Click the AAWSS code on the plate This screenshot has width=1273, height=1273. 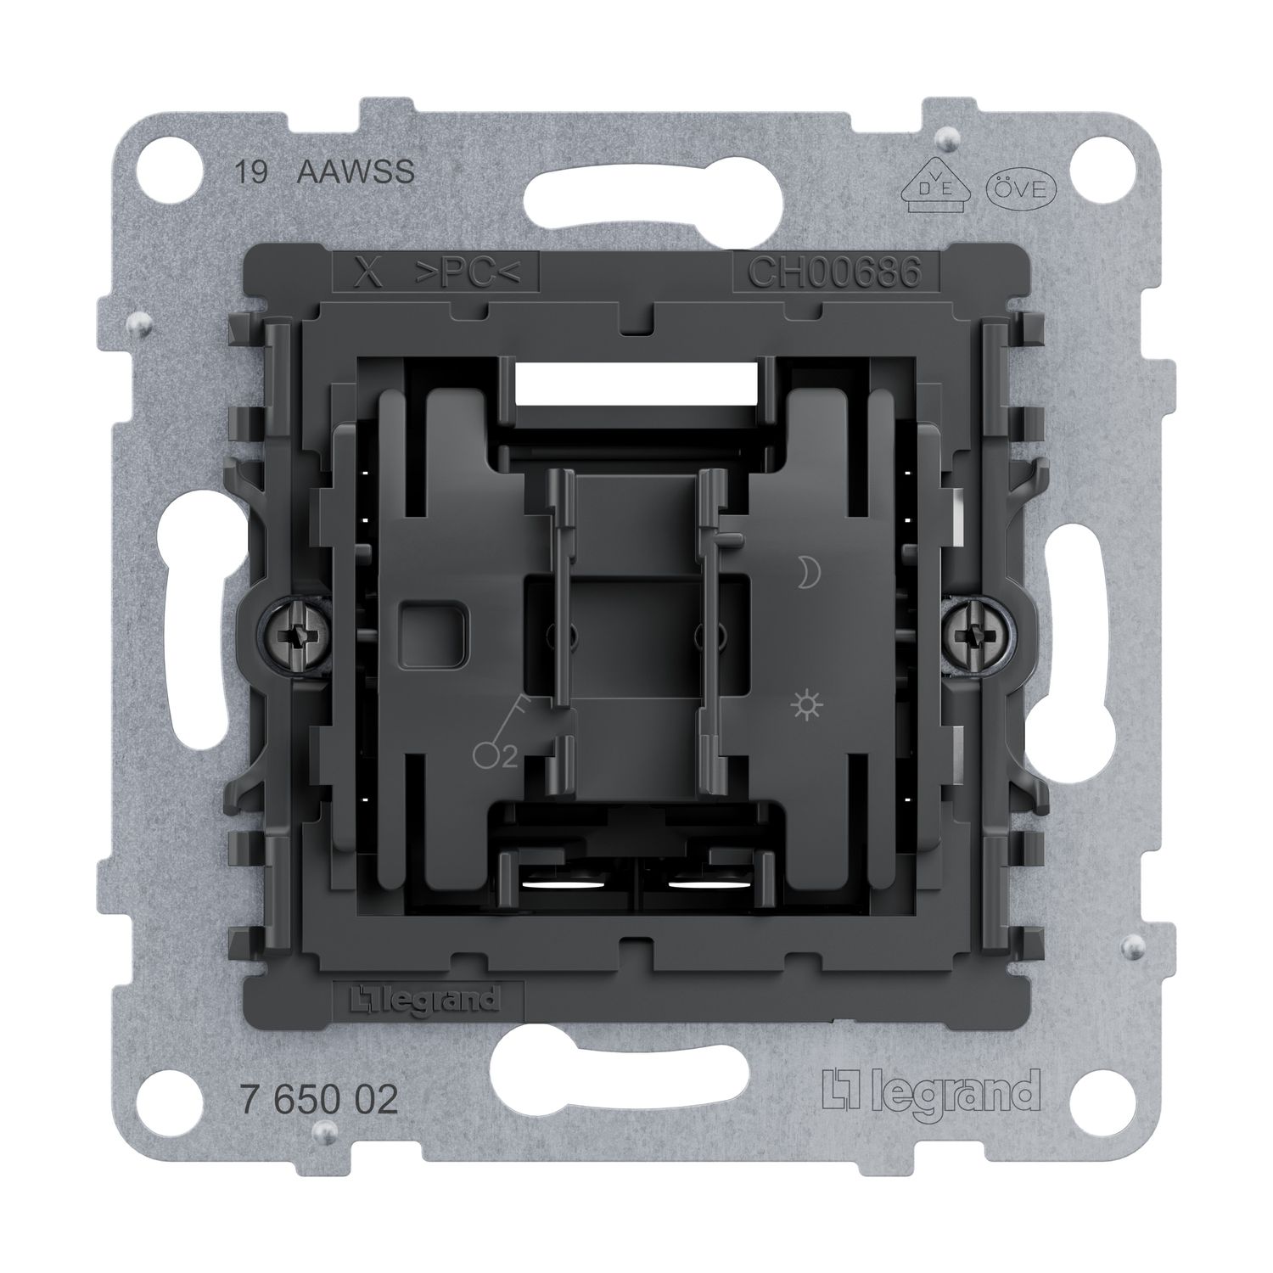(x=356, y=172)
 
